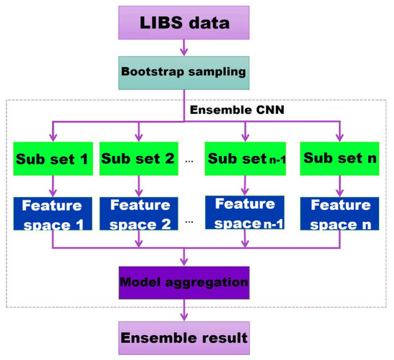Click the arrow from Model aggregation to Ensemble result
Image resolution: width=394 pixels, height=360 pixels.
(186, 309)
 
